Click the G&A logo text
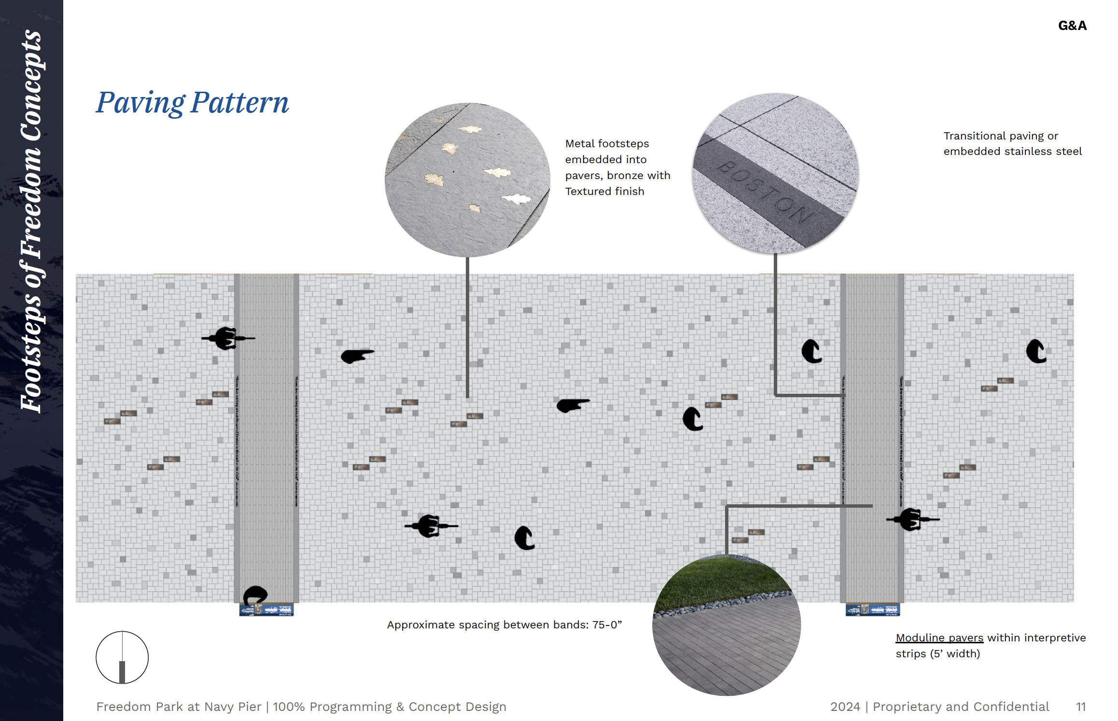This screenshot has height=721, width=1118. coord(1072,26)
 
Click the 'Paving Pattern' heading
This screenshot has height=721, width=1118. coord(192,103)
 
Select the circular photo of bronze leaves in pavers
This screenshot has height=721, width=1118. coord(467,180)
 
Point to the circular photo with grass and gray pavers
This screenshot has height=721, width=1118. coord(727,625)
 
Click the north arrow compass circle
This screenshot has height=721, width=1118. coord(122,657)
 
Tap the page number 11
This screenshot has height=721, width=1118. coord(1081,707)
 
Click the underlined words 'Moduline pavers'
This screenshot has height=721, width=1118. coord(939,638)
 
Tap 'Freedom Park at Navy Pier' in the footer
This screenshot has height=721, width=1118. coord(179,707)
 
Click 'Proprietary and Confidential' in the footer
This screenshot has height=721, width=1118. coord(961,707)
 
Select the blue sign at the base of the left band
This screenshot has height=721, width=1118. coord(266,610)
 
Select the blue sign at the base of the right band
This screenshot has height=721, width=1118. coord(872,610)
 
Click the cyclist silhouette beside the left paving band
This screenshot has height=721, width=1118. coord(227,338)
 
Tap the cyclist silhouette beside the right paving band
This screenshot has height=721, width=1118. coord(911,519)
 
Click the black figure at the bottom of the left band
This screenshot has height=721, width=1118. coord(255,595)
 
